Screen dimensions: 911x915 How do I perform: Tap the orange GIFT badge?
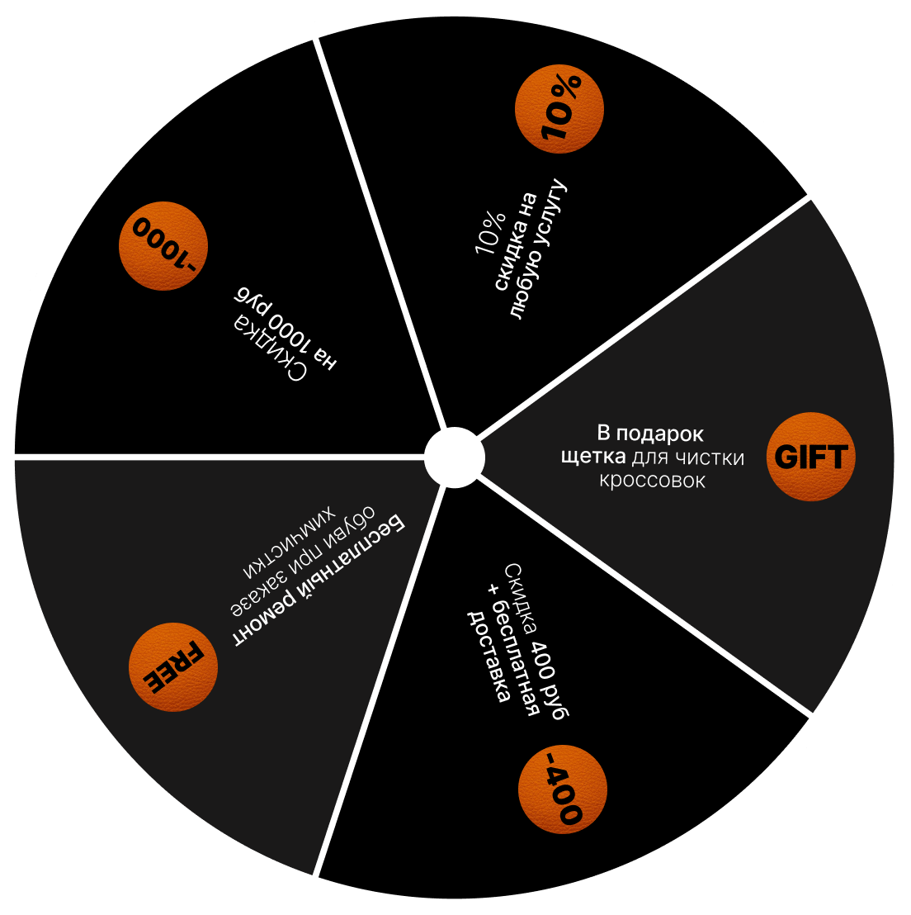(810, 457)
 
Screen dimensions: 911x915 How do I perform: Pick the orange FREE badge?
(175, 666)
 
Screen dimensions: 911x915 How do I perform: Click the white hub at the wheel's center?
(453, 457)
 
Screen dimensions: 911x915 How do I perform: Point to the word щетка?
(595, 457)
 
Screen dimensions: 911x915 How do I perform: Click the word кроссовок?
(652, 481)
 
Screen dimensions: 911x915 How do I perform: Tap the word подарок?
(662, 434)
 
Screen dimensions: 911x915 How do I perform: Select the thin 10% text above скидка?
(488, 233)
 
